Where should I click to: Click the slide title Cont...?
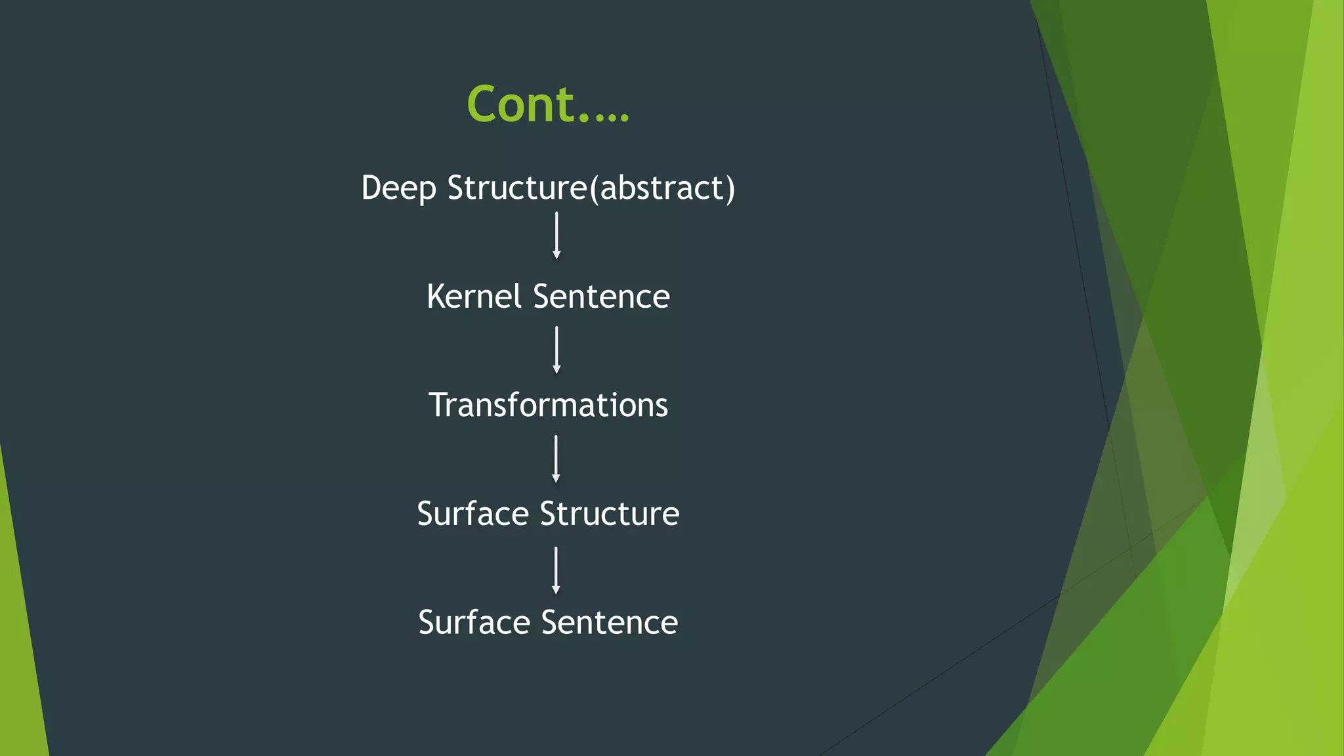(x=547, y=104)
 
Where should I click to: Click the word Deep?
(x=398, y=188)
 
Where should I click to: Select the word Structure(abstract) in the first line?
(x=591, y=188)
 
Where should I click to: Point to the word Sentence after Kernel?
(x=601, y=297)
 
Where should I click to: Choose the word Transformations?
(x=548, y=405)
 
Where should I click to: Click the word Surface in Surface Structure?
(x=472, y=514)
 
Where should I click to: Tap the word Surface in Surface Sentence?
(x=474, y=622)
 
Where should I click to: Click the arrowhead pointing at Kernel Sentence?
(x=556, y=255)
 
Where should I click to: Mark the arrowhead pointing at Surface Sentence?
(x=556, y=590)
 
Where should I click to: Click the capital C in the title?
(x=484, y=104)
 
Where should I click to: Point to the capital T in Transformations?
(x=439, y=405)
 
